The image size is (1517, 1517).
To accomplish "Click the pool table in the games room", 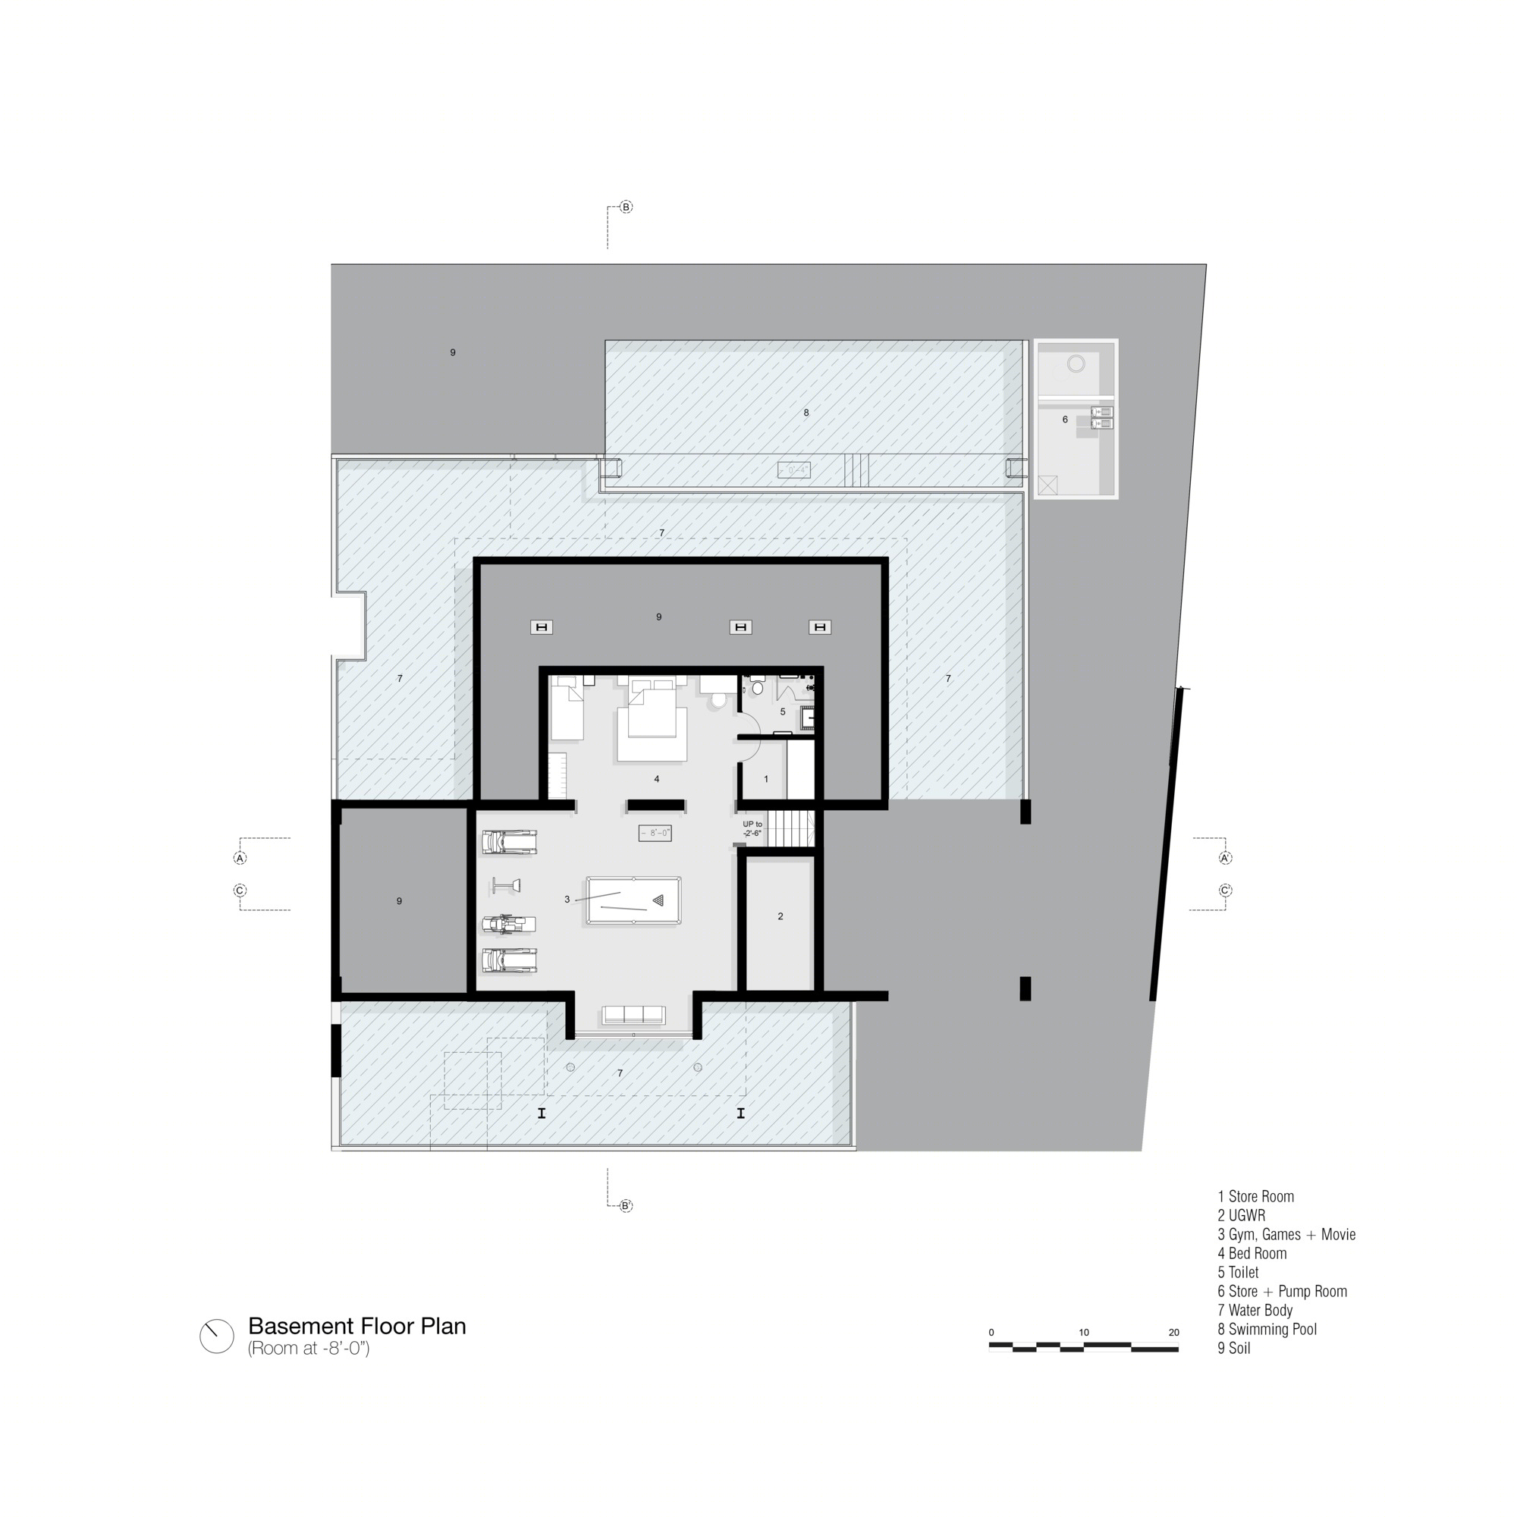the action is (x=633, y=900).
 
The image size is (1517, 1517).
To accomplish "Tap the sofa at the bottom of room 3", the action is (x=633, y=1014).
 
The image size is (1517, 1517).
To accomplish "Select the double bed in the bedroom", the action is (x=652, y=720).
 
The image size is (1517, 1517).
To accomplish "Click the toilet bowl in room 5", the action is (x=758, y=687).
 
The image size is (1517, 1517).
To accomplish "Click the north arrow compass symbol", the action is (x=217, y=1336).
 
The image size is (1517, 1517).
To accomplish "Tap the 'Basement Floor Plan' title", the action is (x=357, y=1326).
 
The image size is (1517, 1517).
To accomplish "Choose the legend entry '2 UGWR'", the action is (x=1242, y=1215).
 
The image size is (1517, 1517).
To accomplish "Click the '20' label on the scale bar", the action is (x=1174, y=1332).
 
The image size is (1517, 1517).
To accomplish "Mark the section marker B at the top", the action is (x=626, y=207).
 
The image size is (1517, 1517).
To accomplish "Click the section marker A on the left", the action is (x=240, y=858).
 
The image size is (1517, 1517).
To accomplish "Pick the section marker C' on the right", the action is (x=1225, y=890).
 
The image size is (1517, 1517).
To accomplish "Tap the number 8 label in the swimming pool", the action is (x=806, y=412).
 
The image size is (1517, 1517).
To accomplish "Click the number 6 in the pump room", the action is (x=1065, y=419).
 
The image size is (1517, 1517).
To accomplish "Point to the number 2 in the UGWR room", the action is (x=780, y=916).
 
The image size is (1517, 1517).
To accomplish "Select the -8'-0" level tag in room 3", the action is (x=655, y=833).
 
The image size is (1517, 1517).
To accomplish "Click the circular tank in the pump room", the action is (x=1076, y=363).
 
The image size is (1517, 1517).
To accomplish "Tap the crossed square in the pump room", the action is (x=1047, y=485).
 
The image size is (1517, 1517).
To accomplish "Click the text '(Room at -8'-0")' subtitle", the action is (x=309, y=1349).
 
